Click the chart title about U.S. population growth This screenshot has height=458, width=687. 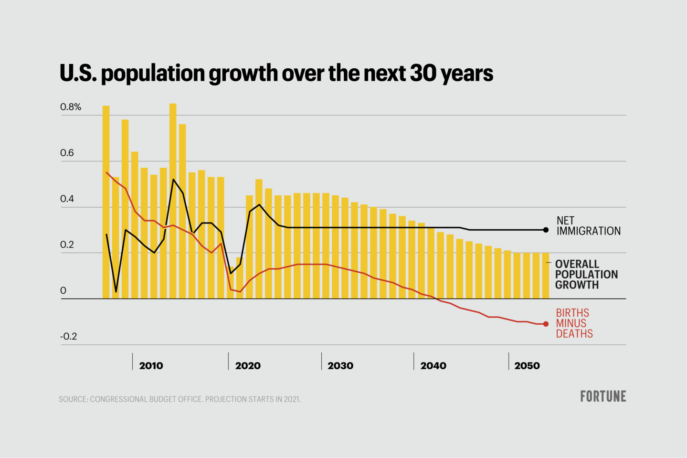tap(276, 74)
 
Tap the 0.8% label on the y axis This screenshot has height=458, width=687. tap(71, 107)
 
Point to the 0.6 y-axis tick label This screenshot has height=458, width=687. tap(67, 153)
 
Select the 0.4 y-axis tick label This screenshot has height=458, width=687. tap(67, 199)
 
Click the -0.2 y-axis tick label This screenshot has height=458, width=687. tap(68, 336)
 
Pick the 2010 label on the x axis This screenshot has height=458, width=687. tap(151, 366)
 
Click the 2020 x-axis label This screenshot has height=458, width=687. tap(248, 366)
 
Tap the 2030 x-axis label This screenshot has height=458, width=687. tap(340, 366)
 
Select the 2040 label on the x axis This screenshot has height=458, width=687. tap(433, 366)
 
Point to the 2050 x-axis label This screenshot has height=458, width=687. tap(527, 366)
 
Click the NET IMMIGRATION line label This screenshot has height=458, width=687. tap(588, 226)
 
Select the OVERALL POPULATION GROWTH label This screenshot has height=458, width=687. tap(586, 275)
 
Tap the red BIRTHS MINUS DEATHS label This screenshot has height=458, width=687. tap(574, 323)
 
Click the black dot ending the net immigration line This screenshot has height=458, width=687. tap(546, 230)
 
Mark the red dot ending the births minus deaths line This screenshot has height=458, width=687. tap(546, 324)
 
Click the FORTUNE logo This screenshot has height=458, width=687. tap(603, 396)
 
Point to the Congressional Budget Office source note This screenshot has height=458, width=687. tap(180, 399)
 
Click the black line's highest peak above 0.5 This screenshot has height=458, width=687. tap(173, 180)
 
